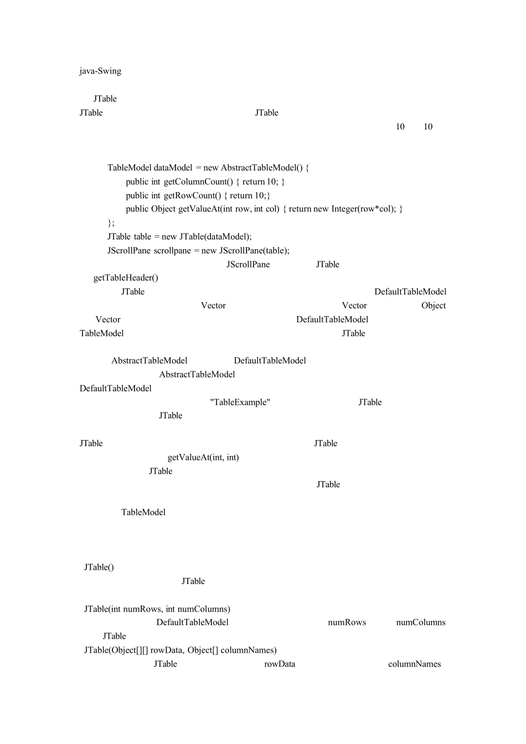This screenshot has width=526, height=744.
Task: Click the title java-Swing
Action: pos(100,71)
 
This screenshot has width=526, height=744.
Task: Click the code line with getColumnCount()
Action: pos(205,182)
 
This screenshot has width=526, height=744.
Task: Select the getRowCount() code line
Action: pos(198,195)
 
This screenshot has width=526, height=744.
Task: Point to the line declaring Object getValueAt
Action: pos(264,209)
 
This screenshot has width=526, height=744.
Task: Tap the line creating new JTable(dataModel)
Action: pos(179,236)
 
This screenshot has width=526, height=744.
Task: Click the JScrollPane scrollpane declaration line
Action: pos(198,250)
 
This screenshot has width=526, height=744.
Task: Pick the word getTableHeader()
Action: pos(126,277)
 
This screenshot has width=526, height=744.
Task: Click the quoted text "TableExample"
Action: pos(240,402)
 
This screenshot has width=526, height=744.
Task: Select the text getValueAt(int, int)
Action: pos(203,457)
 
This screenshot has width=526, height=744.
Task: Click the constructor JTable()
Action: pos(99,567)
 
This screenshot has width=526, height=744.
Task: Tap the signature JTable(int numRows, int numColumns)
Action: pos(157,609)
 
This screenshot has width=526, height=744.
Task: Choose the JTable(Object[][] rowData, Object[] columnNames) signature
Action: pos(181,650)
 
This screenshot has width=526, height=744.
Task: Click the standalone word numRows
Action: pos(347,622)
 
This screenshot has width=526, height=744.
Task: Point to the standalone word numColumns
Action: pos(420,622)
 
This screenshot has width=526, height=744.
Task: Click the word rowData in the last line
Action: pos(280,664)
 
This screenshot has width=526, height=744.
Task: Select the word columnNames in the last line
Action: pos(414,664)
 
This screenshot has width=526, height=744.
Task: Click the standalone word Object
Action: pos(433,306)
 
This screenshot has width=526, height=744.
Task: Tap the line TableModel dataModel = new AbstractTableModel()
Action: pos(208,168)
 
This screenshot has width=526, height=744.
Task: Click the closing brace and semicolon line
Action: pos(111,223)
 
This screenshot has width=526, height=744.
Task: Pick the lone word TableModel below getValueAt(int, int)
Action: pos(143,512)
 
